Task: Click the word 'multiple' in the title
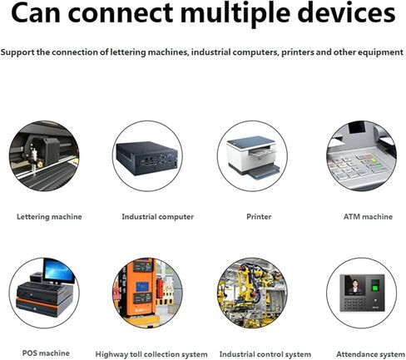235,14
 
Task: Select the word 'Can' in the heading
36,13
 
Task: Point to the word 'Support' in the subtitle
17,52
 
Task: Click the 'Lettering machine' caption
49,217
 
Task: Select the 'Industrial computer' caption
158,217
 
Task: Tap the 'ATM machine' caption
368,217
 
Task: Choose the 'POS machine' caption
46,353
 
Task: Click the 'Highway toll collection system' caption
151,354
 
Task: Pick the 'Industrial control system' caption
265,354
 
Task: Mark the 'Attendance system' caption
370,354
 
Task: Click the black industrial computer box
147,158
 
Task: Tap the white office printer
252,156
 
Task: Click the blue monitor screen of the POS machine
59,271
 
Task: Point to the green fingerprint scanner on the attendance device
375,285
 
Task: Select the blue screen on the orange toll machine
142,286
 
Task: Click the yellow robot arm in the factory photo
252,280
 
